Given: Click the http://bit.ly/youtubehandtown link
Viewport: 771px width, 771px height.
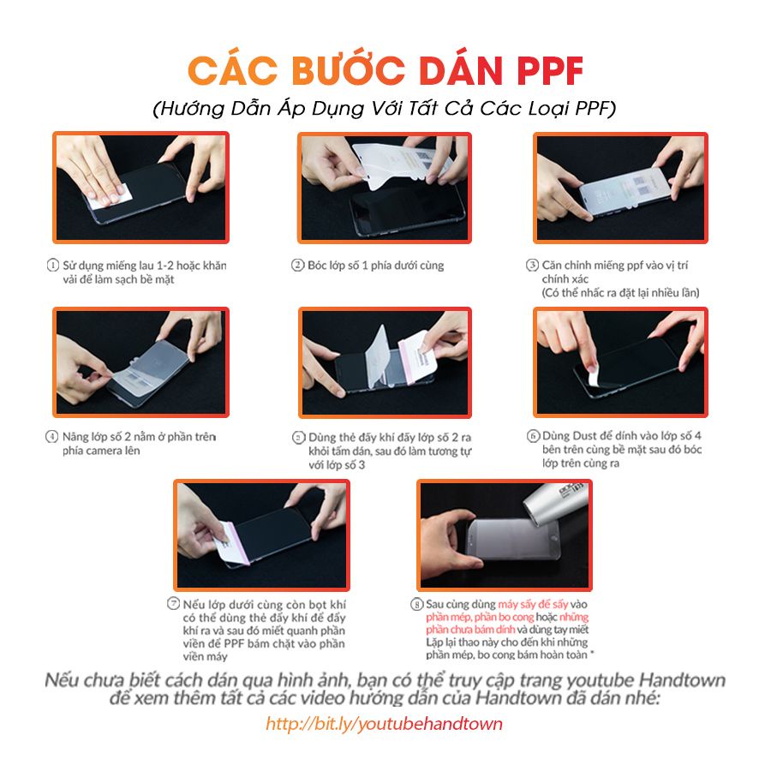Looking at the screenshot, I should click(384, 724).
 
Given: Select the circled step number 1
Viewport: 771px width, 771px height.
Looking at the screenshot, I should click(53, 266).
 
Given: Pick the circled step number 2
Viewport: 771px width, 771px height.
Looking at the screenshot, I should click(298, 266).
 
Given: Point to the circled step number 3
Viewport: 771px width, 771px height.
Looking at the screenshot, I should click(532, 266).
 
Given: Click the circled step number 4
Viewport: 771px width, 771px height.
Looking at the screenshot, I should click(52, 436).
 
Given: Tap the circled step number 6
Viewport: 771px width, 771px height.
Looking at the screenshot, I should click(532, 435).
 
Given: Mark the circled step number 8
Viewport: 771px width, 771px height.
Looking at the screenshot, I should click(417, 604).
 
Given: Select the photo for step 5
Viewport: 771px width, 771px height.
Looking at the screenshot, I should click(385, 362).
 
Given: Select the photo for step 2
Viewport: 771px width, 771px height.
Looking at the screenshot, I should click(385, 188).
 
